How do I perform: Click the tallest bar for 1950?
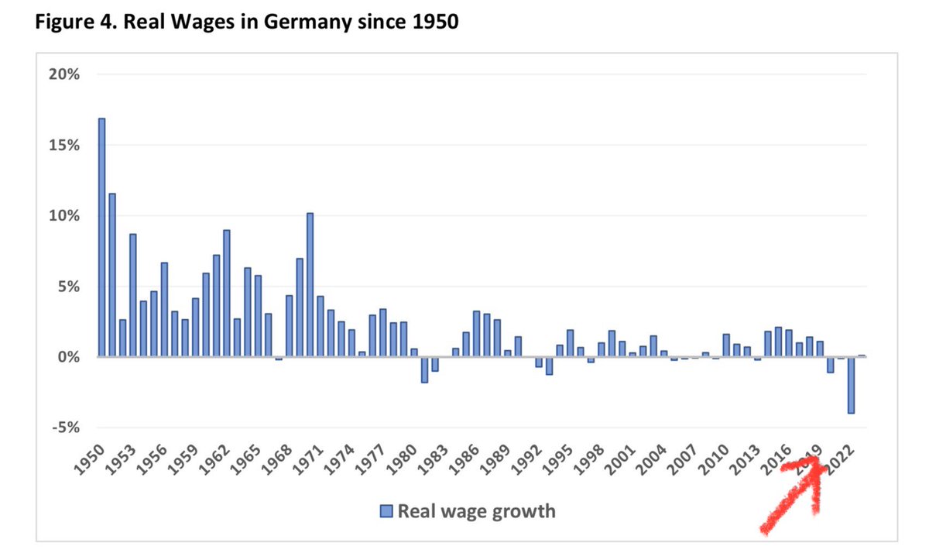point(102,237)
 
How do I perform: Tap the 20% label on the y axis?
point(64,74)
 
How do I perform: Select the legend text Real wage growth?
point(476,511)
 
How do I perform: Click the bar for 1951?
point(112,275)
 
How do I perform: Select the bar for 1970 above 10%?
point(310,284)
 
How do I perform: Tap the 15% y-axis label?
point(64,145)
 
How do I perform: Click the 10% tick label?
point(64,215)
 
